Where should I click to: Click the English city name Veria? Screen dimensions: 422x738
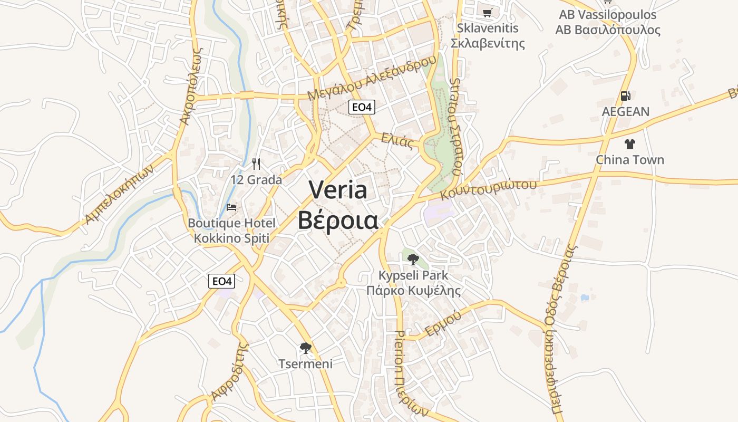[338, 190]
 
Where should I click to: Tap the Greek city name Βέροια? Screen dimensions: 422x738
[338, 221]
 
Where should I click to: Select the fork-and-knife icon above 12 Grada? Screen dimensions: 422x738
[256, 164]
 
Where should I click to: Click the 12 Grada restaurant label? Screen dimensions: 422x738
[256, 180]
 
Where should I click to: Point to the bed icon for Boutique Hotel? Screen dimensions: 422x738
[231, 207]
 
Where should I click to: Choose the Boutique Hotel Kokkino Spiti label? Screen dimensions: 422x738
[231, 231]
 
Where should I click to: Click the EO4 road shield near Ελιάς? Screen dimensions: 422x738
[362, 107]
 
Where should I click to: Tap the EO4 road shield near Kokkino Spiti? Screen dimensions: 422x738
[221, 281]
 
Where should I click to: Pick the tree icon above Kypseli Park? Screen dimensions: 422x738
[413, 259]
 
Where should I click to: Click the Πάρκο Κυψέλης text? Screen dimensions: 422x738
[413, 291]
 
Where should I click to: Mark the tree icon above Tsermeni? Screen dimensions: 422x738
[305, 348]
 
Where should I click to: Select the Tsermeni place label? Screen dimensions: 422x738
[305, 363]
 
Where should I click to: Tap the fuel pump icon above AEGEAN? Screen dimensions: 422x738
[626, 96]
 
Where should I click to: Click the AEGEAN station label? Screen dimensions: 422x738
[626, 112]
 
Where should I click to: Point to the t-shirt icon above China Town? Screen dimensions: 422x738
[629, 143]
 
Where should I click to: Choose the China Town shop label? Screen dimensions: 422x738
[629, 160]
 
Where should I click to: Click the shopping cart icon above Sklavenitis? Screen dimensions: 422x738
[488, 13]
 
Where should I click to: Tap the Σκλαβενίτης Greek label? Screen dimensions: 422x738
[488, 43]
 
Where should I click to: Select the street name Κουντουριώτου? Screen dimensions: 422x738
[489, 189]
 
